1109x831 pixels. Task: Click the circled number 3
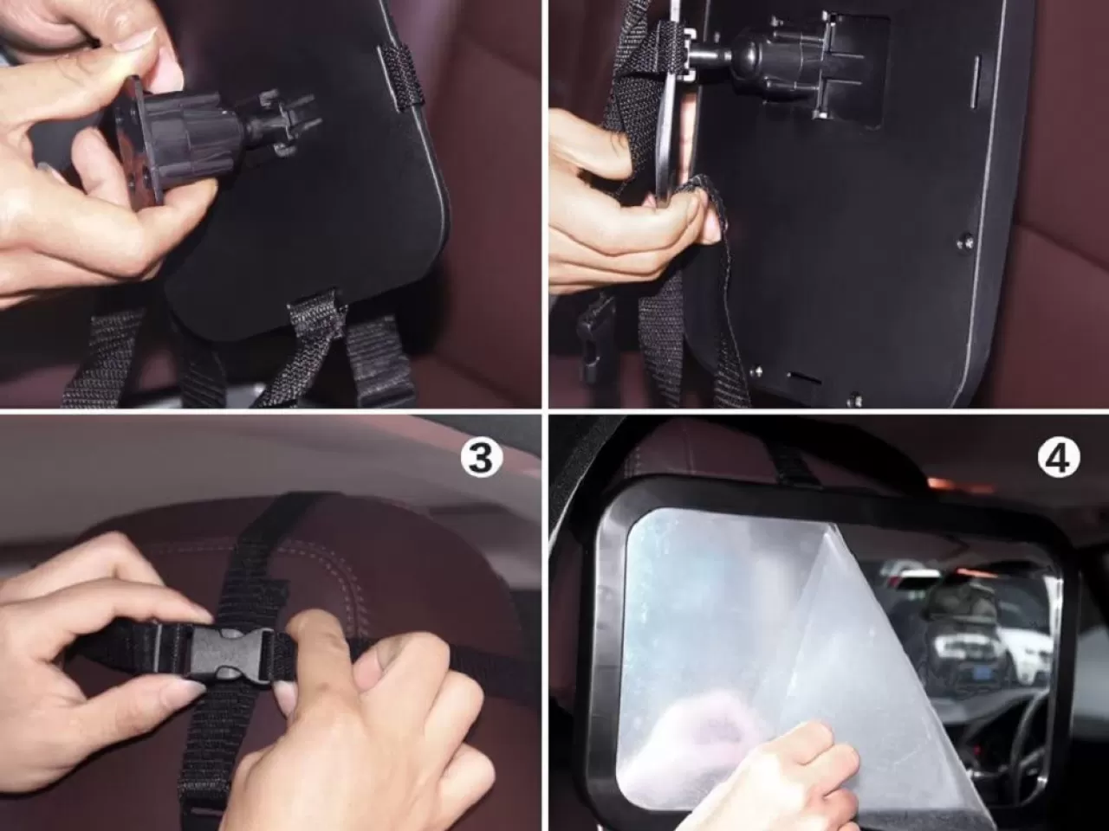482,459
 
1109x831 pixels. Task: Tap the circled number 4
1058,459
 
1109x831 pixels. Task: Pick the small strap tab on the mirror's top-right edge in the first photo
400,77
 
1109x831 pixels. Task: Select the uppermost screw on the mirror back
964,242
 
